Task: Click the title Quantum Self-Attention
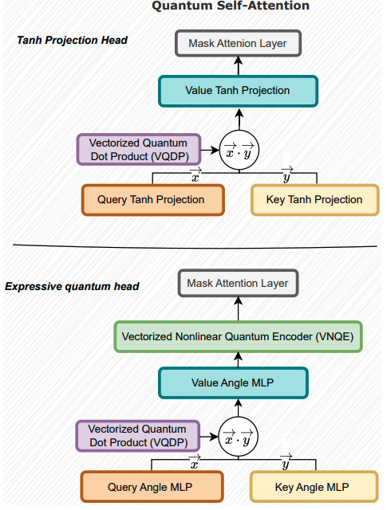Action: tap(231, 6)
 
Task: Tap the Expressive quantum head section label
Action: tap(73, 285)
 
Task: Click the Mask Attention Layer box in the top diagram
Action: tap(239, 43)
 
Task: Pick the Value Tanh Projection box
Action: tap(239, 90)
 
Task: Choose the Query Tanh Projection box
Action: tap(151, 199)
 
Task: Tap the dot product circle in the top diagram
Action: tap(239, 148)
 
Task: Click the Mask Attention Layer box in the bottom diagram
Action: tap(238, 283)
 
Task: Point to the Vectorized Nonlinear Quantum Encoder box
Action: tap(239, 337)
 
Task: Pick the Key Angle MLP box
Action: tap(314, 486)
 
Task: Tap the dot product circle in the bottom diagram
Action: tap(239, 437)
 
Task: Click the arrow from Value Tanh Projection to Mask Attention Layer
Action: tap(239, 65)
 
